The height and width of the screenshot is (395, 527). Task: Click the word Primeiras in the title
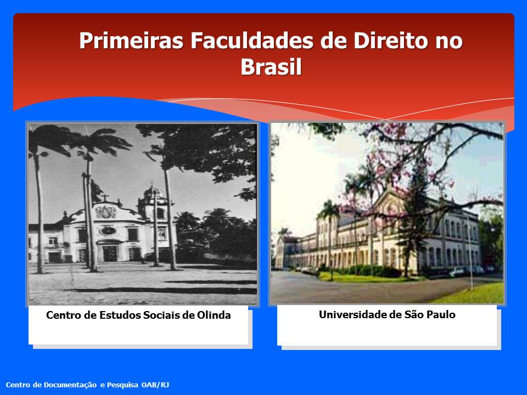click(x=131, y=41)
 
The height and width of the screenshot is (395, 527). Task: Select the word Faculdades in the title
click(x=252, y=41)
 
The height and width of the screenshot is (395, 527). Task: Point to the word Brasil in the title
click(x=271, y=66)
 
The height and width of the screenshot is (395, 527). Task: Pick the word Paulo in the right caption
click(x=441, y=315)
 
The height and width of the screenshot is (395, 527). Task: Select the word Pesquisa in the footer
click(x=122, y=385)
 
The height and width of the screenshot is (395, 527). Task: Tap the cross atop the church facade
click(x=105, y=198)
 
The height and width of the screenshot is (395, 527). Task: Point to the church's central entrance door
click(x=110, y=253)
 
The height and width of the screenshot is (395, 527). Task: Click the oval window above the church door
click(x=108, y=230)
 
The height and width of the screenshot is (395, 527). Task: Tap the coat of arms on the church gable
click(x=106, y=212)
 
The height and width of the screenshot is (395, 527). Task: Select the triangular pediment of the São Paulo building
click(x=390, y=203)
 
